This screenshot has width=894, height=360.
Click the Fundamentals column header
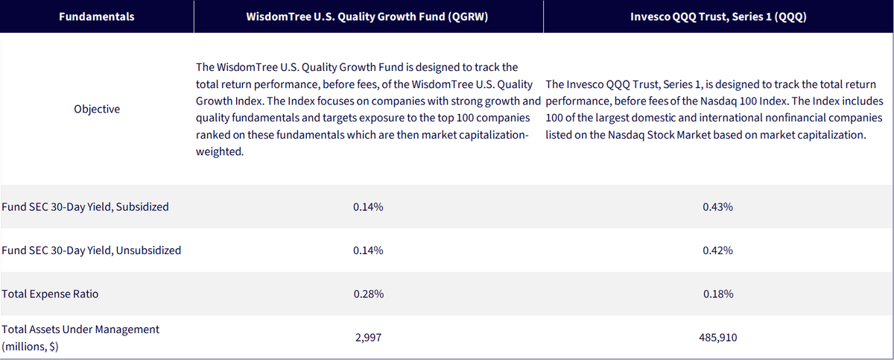tap(97, 16)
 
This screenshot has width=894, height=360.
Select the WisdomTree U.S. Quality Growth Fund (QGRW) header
tap(367, 16)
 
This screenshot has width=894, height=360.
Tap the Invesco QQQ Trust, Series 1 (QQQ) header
tap(718, 16)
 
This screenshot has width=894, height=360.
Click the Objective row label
tap(97, 109)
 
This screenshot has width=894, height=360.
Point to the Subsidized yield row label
tap(85, 206)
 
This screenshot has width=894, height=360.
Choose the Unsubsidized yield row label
tap(92, 250)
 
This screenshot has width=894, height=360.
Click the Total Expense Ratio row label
tap(50, 294)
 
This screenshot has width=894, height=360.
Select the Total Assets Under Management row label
tap(80, 338)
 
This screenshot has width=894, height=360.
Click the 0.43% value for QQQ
tap(717, 206)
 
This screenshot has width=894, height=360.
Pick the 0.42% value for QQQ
tap(717, 250)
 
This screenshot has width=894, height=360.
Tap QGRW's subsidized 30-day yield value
tap(368, 206)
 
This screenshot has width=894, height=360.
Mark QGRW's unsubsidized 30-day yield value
tap(368, 250)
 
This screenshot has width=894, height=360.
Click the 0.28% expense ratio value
tap(368, 294)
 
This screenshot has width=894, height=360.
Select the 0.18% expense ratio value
tap(718, 294)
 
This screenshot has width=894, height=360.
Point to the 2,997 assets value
tap(368, 338)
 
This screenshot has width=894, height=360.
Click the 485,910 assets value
tap(717, 338)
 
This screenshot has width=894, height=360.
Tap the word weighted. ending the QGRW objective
tap(220, 151)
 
